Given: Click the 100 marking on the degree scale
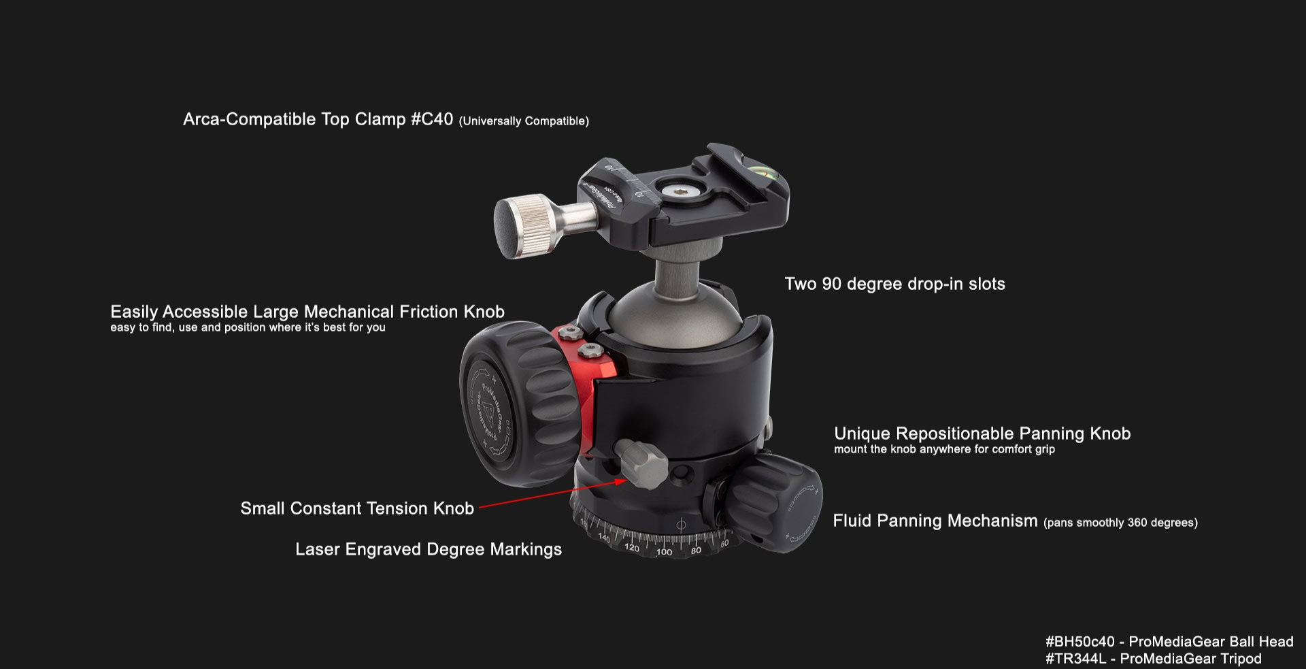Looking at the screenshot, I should (664, 552).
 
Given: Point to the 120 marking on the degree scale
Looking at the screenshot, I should (631, 547).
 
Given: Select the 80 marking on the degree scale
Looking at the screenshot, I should (696, 551).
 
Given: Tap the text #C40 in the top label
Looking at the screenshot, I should (432, 119).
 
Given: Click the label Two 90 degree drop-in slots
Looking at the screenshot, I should (894, 284).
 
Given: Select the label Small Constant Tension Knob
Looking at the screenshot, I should (357, 508).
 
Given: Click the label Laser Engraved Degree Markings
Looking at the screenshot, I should (429, 549).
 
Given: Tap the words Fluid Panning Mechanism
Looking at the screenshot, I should (935, 521).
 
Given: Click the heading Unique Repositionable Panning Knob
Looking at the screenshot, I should (982, 434).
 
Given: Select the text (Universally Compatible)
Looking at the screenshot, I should (524, 121).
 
